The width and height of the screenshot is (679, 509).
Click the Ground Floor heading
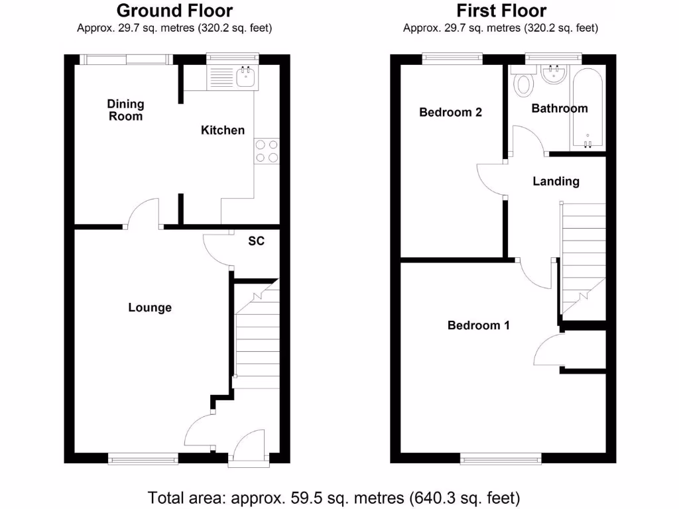(174, 11)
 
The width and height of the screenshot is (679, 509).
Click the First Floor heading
(501, 11)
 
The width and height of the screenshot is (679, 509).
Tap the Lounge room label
(150, 308)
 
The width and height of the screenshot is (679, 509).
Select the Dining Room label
(125, 110)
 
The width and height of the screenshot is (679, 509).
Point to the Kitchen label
(223, 130)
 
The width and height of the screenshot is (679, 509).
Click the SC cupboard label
(256, 241)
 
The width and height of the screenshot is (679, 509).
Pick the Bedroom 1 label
(478, 325)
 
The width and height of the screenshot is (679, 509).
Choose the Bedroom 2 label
(450, 112)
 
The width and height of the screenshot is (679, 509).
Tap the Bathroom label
(560, 109)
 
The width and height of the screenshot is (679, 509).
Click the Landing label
(556, 181)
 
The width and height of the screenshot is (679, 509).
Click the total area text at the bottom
(334, 496)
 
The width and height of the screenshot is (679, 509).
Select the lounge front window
(143, 457)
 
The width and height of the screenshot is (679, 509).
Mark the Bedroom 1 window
(501, 457)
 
